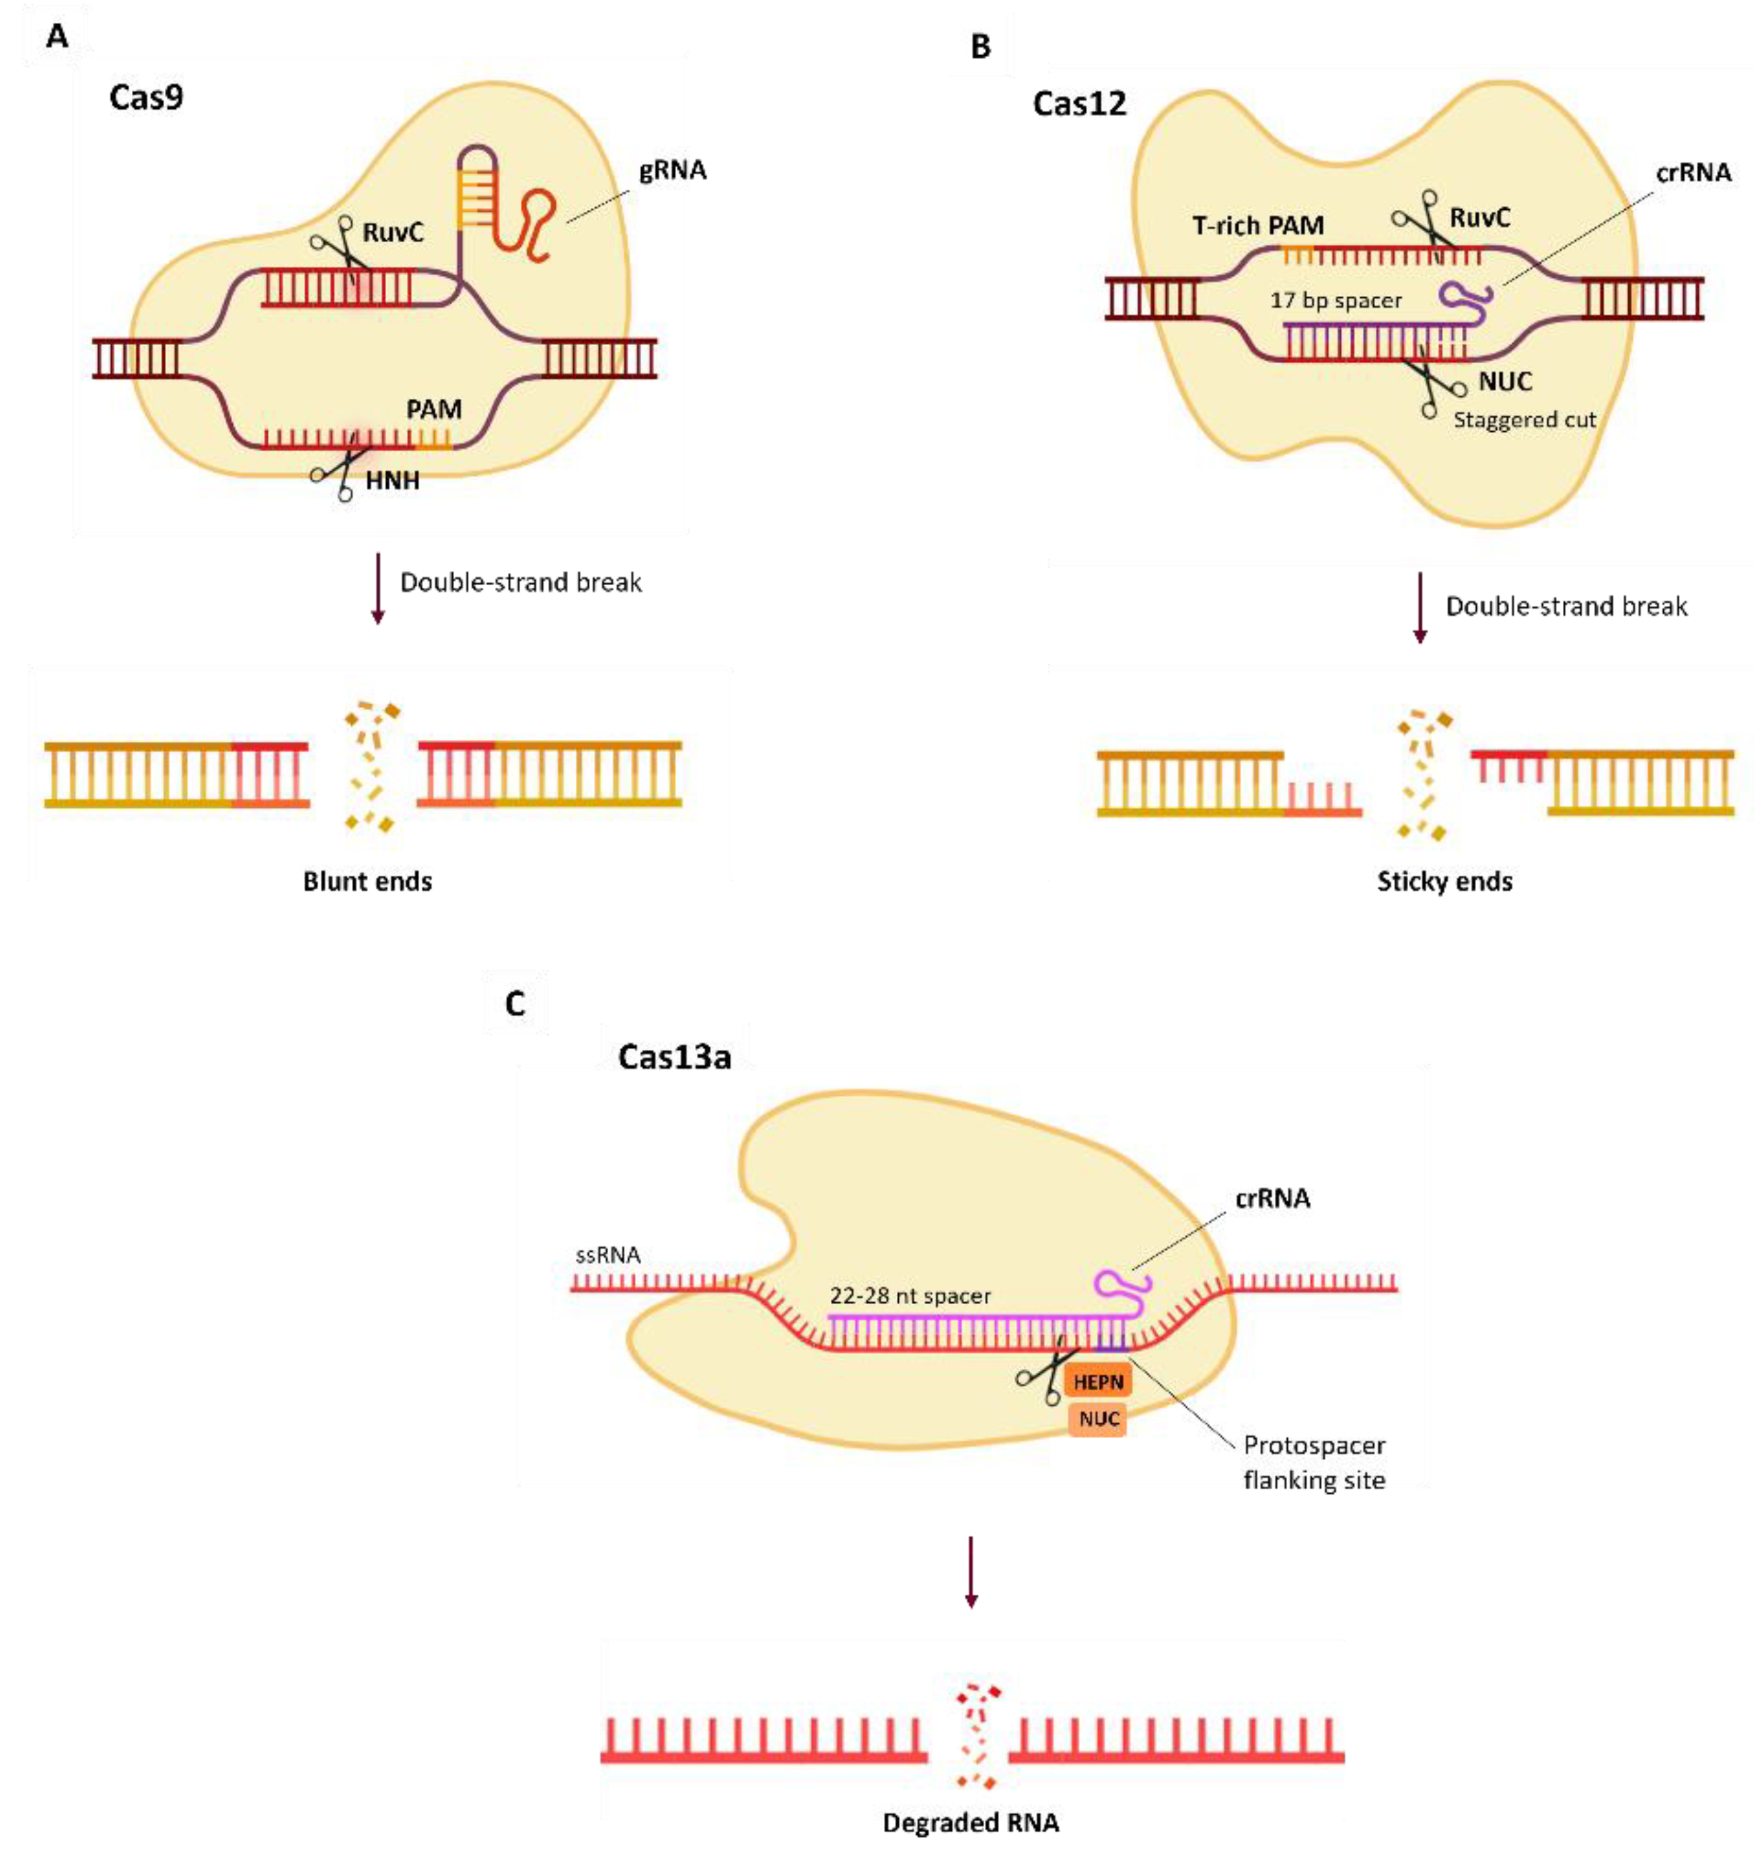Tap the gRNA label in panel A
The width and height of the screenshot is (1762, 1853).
click(673, 171)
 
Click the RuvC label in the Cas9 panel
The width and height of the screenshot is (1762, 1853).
click(393, 232)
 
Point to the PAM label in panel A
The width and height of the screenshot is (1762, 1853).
click(433, 410)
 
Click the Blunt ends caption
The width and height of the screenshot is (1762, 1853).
click(367, 881)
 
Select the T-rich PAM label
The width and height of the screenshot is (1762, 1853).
click(1257, 225)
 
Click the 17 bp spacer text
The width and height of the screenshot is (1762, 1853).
click(1335, 301)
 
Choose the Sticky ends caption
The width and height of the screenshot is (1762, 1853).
click(1444, 881)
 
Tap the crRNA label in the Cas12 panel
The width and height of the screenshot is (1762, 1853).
click(1693, 173)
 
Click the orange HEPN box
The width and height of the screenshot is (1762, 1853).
click(1097, 1382)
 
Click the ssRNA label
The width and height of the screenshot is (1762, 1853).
click(608, 1255)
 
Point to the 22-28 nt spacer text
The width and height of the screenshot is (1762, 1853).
click(909, 1296)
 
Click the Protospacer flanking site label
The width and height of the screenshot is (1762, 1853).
click(1313, 1462)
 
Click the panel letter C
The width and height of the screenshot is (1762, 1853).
click(515, 1004)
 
